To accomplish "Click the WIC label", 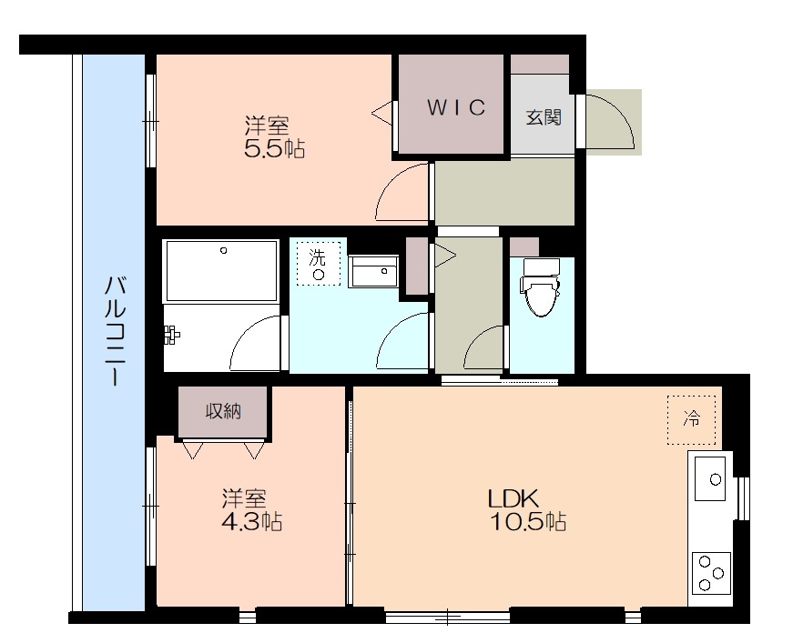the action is tap(456, 107).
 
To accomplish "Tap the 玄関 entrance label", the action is tap(544, 117).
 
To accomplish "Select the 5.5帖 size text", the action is tap(275, 148).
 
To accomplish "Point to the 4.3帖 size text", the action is tap(252, 521).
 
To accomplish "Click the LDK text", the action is tap(513, 499).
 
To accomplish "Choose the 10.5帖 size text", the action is tap(528, 521).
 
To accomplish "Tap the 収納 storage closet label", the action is tap(223, 412).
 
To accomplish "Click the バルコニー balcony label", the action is tap(116, 331).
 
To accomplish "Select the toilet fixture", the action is tap(541, 286).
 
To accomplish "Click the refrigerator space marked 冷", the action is tap(691, 420).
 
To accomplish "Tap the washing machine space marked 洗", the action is tap(318, 263).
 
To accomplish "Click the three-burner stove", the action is tap(711, 573).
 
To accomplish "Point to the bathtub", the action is tap(222, 271).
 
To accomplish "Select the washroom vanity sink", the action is tap(374, 272).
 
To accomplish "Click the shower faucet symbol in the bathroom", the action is tap(171, 335).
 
